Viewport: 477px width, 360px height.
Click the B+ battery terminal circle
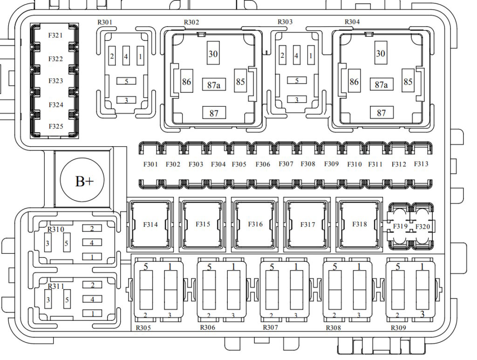click(82, 180)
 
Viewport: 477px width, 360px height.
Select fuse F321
click(55, 35)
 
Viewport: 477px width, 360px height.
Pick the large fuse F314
click(150, 224)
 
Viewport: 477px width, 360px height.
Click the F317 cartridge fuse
click(307, 224)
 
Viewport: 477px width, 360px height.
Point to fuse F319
click(400, 226)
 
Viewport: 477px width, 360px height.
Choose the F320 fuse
click(422, 226)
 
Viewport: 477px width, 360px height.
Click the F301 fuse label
click(150, 164)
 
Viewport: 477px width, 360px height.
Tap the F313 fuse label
click(421, 164)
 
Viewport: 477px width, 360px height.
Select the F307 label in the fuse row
click(286, 164)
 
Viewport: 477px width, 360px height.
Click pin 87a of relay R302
click(214, 84)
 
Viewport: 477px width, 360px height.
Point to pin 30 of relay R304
click(381, 53)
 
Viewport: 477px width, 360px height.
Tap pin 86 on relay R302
click(186, 81)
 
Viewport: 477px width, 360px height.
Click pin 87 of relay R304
click(382, 113)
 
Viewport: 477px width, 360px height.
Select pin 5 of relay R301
click(126, 81)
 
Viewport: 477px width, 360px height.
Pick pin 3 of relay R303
click(297, 99)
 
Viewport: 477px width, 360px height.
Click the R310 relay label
click(56, 229)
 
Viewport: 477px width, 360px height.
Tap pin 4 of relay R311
click(92, 299)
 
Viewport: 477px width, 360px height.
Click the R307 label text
click(271, 327)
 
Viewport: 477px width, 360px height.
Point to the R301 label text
click(105, 22)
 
